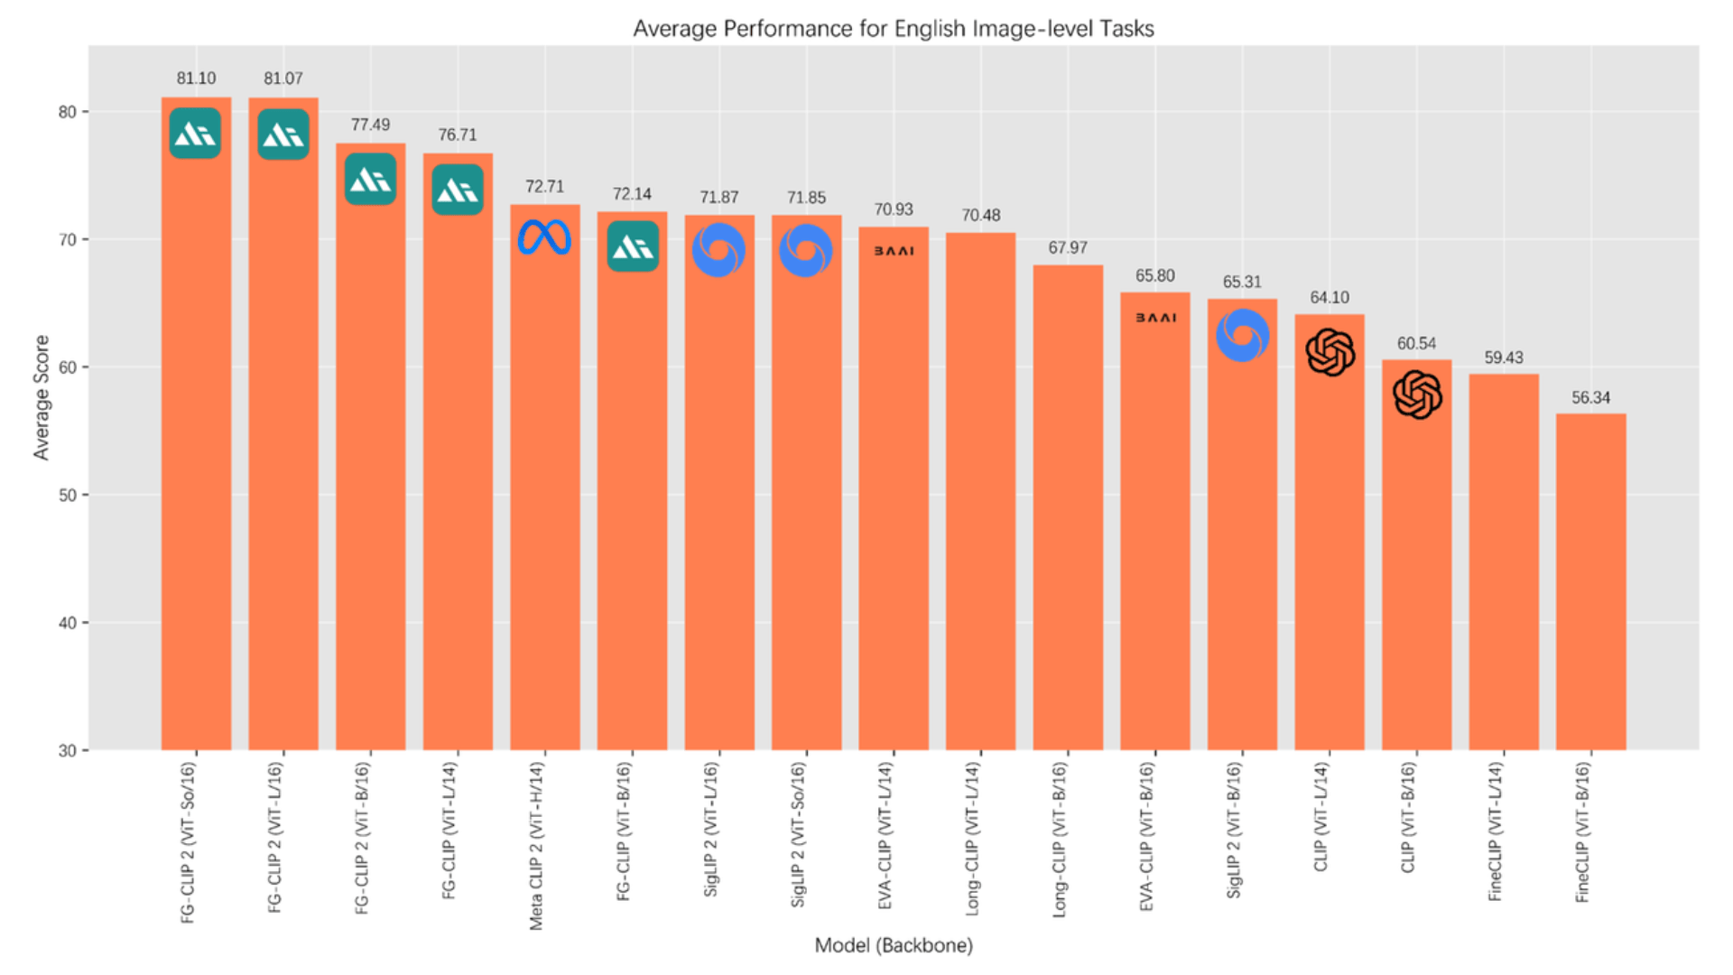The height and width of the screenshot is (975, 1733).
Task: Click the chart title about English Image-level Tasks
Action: click(893, 29)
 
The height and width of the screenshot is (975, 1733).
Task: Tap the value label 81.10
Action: click(196, 79)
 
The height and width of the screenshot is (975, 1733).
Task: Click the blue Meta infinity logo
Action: click(544, 238)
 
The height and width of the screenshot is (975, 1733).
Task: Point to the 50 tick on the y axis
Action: click(68, 496)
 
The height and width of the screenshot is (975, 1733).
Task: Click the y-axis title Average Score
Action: click(42, 397)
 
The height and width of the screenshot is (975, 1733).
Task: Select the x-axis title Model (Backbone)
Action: click(893, 945)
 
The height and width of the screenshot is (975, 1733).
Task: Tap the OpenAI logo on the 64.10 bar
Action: click(1330, 352)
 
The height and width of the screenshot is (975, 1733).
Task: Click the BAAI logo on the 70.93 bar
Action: click(894, 251)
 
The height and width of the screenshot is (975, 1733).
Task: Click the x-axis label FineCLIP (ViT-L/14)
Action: click(1495, 831)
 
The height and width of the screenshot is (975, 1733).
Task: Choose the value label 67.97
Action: click(1068, 248)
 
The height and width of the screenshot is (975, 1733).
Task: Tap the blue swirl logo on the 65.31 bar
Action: click(1242, 335)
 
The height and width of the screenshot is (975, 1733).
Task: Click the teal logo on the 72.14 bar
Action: click(632, 246)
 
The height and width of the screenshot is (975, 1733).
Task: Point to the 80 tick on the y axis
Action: click(68, 113)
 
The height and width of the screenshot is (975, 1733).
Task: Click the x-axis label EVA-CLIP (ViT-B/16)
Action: click(1146, 836)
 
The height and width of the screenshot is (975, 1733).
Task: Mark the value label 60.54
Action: click(1416, 344)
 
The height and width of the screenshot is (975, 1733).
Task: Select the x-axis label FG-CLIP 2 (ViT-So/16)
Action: click(188, 842)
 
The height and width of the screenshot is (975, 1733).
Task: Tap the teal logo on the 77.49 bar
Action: click(370, 179)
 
